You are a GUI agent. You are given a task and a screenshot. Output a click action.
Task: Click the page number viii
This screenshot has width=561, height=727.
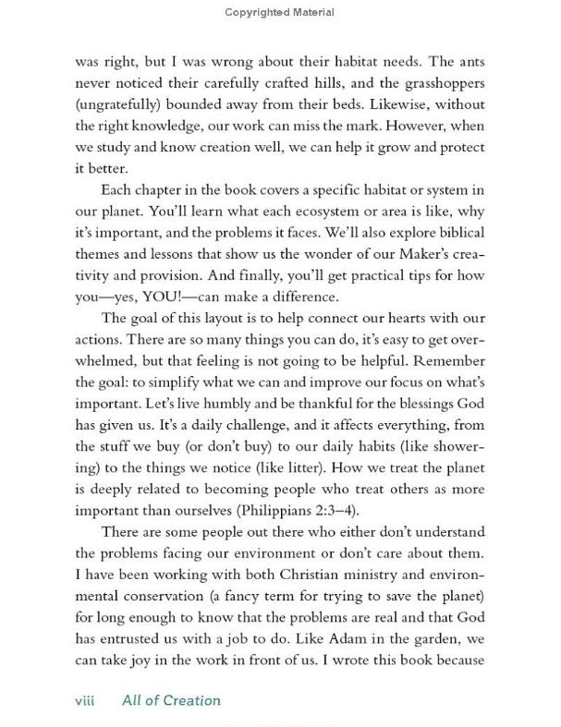coord(86,699)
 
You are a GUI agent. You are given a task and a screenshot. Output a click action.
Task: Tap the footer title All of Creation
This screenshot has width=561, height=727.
coord(172,699)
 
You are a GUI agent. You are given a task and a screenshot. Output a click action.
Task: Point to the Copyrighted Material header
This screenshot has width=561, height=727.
coord(280,12)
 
